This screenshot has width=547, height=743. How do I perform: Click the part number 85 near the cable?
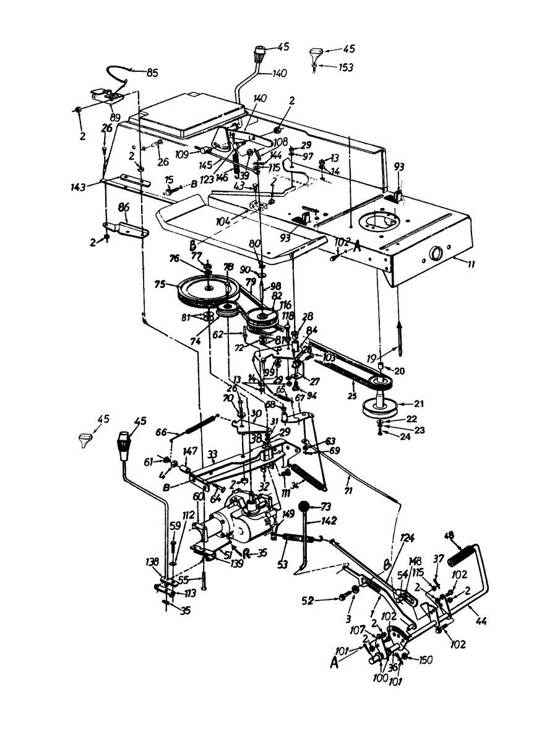coord(152,72)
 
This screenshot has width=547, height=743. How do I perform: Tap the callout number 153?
coord(346,67)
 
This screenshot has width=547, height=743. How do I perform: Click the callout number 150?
coord(426,660)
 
